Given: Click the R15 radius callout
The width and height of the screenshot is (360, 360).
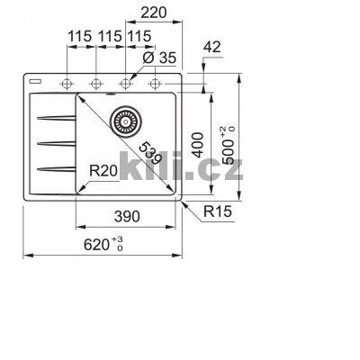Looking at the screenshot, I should point(218,213).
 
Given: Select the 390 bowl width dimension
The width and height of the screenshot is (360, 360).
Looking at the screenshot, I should point(128,216).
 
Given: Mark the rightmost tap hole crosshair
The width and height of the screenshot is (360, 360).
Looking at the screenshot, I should point(155,84).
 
